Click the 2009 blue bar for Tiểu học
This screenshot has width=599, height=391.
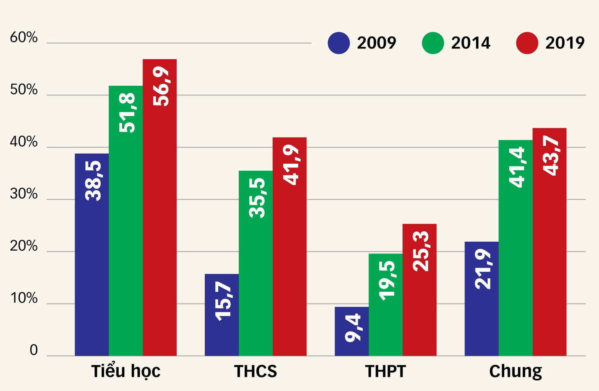(x=92, y=255)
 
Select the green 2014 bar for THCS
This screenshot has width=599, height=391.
(x=256, y=263)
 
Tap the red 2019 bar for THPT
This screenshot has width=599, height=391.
(x=420, y=290)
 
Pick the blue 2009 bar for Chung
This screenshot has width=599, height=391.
(x=482, y=299)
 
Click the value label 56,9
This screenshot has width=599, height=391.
(x=161, y=86)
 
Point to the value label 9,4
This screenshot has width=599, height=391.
(x=353, y=328)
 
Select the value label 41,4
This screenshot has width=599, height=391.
(x=517, y=167)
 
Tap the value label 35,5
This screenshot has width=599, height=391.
(x=257, y=198)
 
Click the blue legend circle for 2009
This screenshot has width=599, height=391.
(x=339, y=43)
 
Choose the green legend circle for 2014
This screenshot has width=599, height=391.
(x=433, y=43)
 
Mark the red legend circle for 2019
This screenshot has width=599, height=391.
(x=527, y=43)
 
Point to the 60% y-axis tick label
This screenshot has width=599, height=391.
(x=23, y=37)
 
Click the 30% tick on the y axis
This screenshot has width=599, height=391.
(x=23, y=194)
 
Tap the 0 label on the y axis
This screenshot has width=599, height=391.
(x=34, y=350)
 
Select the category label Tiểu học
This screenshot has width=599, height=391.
(x=126, y=370)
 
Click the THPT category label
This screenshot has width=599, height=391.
(x=385, y=371)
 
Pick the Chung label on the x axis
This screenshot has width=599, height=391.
(x=516, y=371)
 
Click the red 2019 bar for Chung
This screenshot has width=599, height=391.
(x=549, y=242)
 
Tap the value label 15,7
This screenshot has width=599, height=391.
(x=223, y=301)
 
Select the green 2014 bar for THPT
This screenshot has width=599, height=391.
(x=386, y=305)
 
